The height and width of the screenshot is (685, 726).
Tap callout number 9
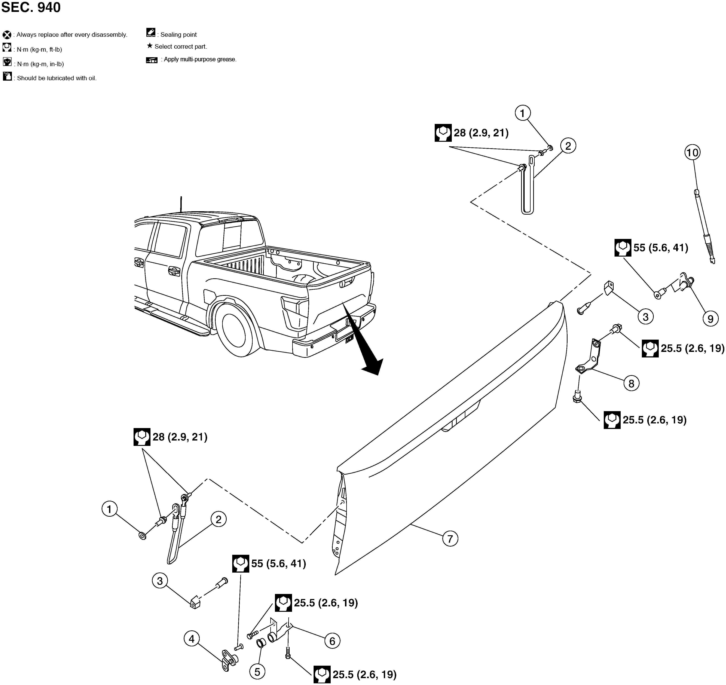point(710,319)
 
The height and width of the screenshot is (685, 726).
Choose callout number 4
point(192,639)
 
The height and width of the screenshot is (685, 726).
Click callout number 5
point(257,672)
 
